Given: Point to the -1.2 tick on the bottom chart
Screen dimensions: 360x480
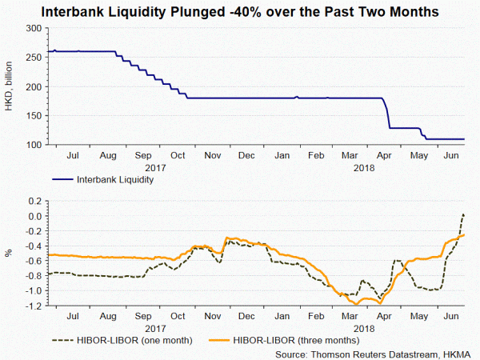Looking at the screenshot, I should (x=33, y=306).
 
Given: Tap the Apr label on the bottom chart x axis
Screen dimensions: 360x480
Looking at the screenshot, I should (x=386, y=318).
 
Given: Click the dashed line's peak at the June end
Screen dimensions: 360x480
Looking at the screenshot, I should (x=465, y=214).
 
